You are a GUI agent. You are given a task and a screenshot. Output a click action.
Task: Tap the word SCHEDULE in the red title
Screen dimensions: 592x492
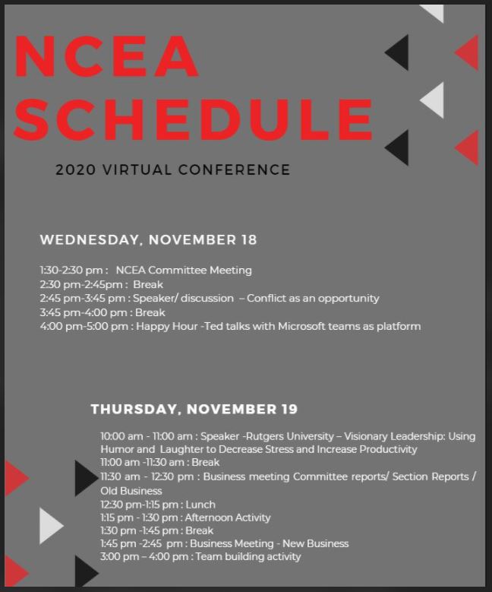[193, 119]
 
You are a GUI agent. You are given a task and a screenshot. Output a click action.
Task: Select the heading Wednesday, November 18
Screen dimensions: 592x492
[148, 240]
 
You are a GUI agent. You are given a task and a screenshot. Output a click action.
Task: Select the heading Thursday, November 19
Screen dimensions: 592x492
[194, 410]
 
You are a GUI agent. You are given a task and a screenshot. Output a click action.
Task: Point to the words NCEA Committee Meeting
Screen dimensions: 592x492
[184, 271]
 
